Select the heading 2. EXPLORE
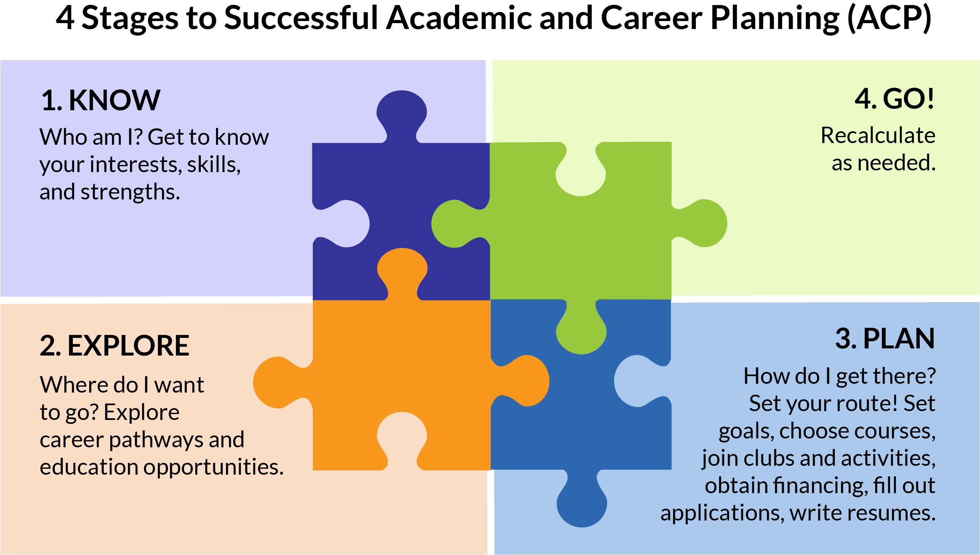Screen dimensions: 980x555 [115, 345]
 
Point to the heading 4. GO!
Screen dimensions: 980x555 [895, 99]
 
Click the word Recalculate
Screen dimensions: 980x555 [878, 135]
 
